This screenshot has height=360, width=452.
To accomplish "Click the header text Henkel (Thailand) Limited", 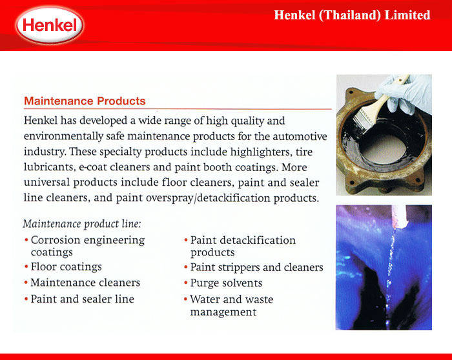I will (352, 15).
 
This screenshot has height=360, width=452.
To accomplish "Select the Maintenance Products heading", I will (85, 101).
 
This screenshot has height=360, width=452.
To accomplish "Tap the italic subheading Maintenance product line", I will (82, 224).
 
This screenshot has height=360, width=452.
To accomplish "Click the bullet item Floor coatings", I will (66, 266).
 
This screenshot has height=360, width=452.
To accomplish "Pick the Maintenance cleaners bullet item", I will (85, 283).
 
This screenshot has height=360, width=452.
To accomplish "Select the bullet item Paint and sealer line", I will (82, 299).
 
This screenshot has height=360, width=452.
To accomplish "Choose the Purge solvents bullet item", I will (226, 283).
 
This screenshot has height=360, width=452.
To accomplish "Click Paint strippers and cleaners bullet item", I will (256, 267).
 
